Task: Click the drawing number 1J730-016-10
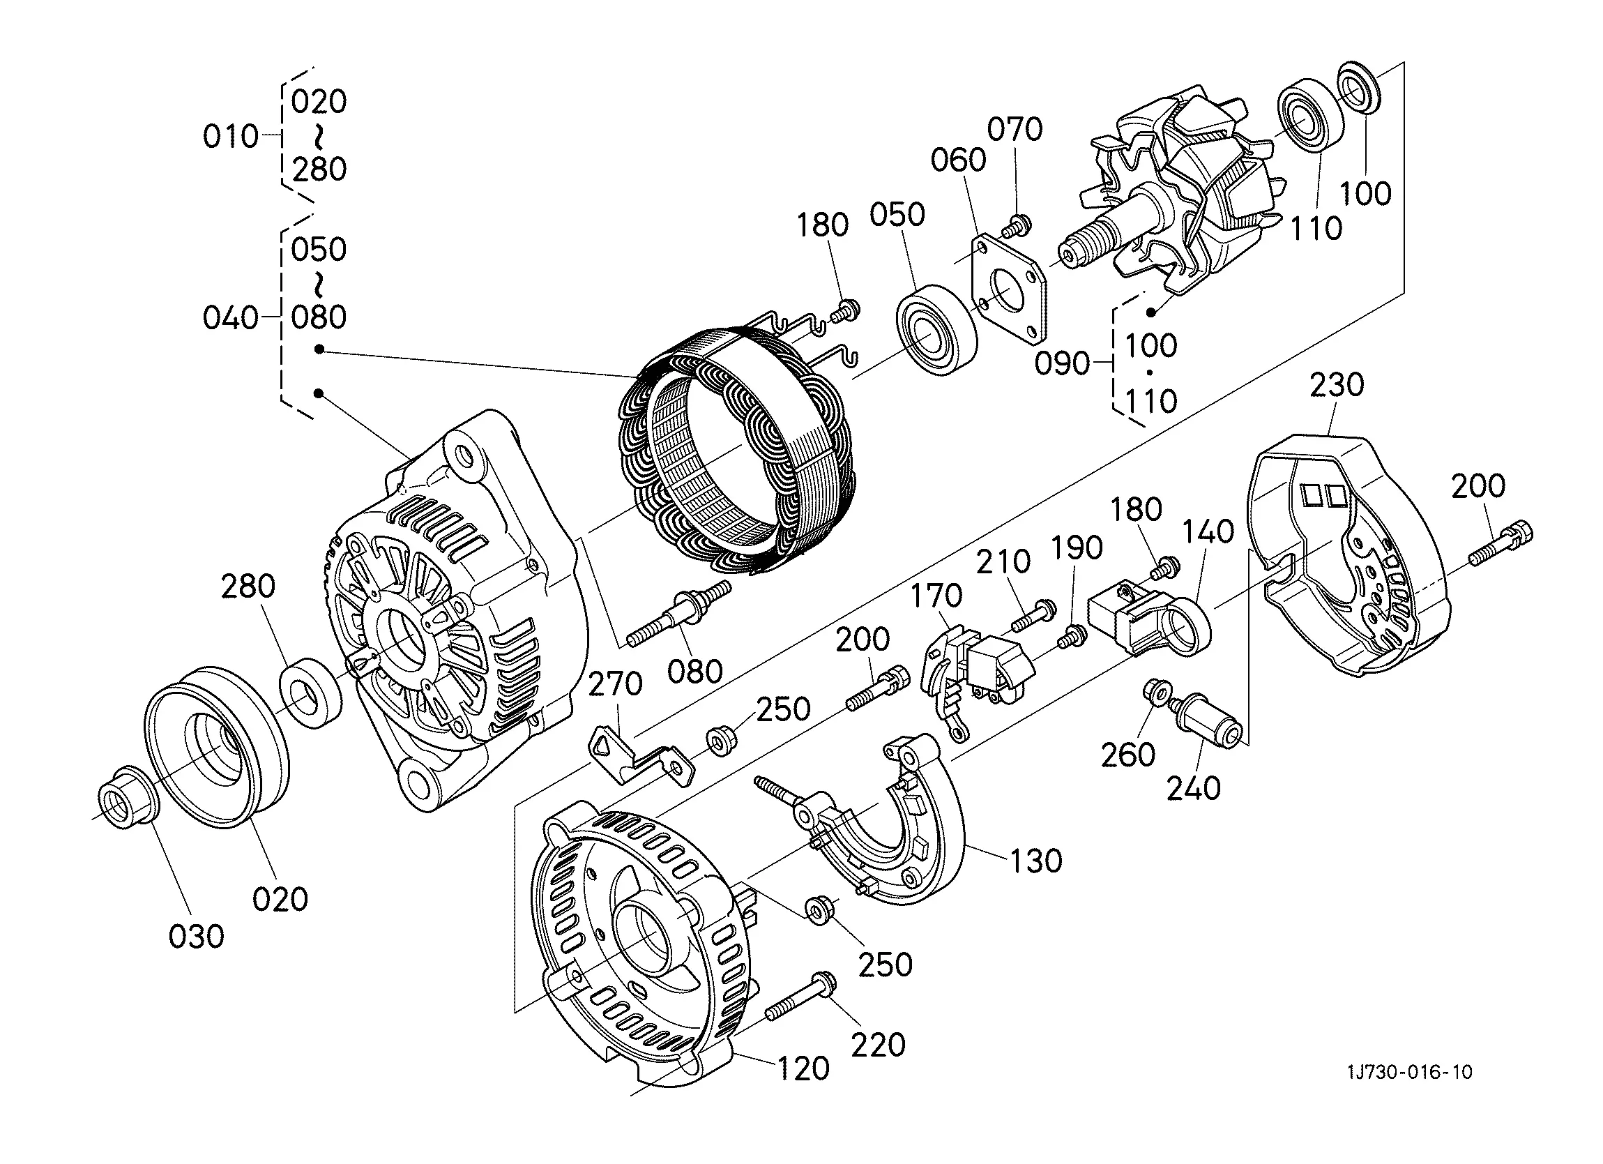tap(1409, 1072)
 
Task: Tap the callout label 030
tap(197, 937)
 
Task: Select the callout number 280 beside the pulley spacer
tap(248, 587)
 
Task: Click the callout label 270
tap(615, 684)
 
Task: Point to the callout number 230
tap(1337, 386)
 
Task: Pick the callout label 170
tap(936, 596)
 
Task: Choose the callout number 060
tap(958, 160)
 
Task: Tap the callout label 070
tap(1015, 130)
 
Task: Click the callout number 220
tap(878, 1045)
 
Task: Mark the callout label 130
tap(1036, 861)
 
